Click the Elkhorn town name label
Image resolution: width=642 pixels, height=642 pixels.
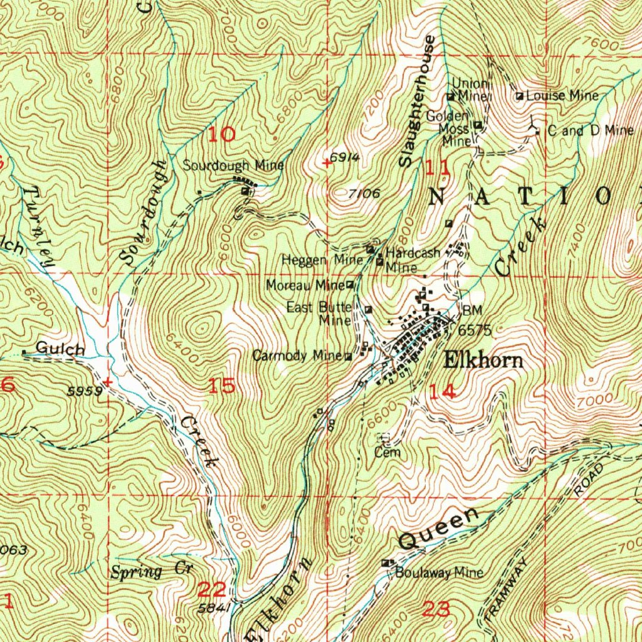tap(483, 360)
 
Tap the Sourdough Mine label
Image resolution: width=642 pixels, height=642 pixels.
tap(233, 166)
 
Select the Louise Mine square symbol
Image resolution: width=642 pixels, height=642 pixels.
tap(520, 97)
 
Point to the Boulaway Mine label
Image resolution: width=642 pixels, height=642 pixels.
tap(439, 572)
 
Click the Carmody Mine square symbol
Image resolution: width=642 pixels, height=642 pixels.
tap(349, 357)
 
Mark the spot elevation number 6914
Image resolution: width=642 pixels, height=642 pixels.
tap(345, 158)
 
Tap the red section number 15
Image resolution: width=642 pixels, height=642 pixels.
tap(222, 386)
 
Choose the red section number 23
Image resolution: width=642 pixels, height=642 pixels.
tap(436, 608)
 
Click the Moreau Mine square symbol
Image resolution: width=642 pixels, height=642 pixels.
tap(350, 285)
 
